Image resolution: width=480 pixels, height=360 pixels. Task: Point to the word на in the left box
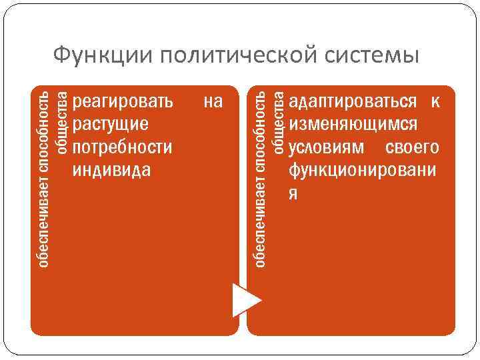[213, 102]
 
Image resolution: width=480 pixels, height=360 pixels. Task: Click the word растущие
[111, 125]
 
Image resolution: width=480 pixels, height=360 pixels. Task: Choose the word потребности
[122, 147]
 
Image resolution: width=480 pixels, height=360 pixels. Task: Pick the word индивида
[111, 170]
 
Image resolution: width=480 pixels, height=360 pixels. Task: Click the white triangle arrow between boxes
[244, 299]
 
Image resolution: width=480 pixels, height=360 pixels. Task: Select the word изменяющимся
[354, 125]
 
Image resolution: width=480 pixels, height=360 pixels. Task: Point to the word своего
[412, 147]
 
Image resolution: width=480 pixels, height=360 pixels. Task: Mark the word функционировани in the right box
[363, 170]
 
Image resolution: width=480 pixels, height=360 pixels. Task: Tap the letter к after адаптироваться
[435, 102]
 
